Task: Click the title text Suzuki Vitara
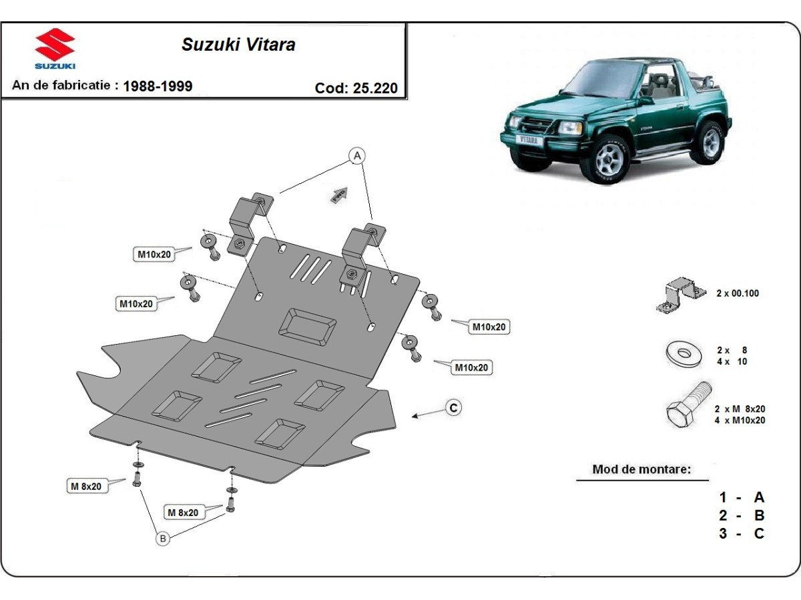click(238, 45)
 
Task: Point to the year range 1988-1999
click(158, 86)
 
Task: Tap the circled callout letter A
click(358, 156)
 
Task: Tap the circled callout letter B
click(162, 538)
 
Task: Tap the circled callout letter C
click(453, 407)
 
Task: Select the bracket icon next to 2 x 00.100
click(681, 295)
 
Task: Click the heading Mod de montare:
click(641, 469)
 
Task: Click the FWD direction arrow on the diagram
click(339, 194)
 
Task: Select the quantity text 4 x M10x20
click(740, 421)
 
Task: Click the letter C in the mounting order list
click(758, 533)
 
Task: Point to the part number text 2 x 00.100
click(737, 293)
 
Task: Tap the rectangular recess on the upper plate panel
click(307, 327)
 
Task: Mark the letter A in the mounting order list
click(758, 497)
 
